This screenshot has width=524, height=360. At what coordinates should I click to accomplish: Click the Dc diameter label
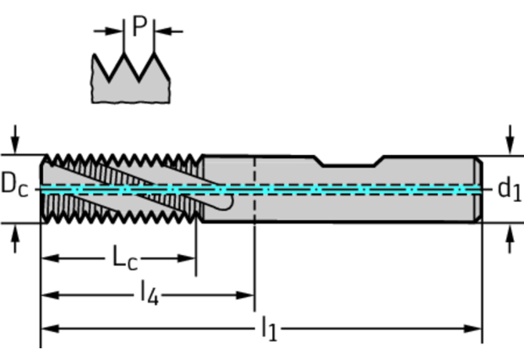click(x=14, y=185)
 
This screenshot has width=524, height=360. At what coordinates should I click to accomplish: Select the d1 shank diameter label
click(x=508, y=189)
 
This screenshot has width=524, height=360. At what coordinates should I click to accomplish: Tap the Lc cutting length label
click(x=120, y=257)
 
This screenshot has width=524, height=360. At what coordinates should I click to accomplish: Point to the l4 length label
click(x=149, y=294)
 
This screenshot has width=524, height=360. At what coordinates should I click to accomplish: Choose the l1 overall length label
click(x=267, y=329)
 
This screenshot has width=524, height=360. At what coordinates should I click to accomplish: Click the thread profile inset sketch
click(x=131, y=78)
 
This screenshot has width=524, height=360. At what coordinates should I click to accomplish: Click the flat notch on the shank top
click(x=350, y=164)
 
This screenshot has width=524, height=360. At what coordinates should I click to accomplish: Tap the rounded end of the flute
click(x=227, y=200)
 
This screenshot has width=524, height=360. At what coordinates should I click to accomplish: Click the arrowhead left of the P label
click(x=118, y=31)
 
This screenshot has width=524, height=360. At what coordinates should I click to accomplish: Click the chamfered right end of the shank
click(x=478, y=189)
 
